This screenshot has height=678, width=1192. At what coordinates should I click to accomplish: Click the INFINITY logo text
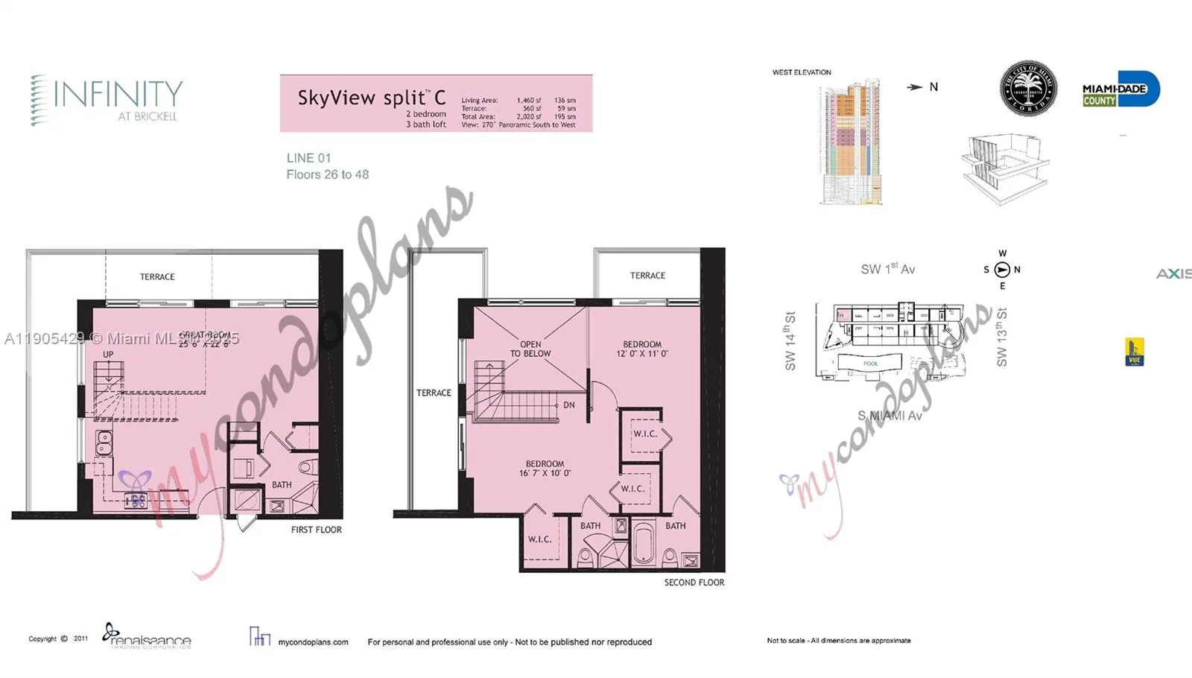pos(118,95)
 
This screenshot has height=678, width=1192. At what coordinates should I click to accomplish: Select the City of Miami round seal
pos(1028,88)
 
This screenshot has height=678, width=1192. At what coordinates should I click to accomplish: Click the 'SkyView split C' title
pos(371,98)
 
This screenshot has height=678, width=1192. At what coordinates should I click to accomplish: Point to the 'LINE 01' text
pos(308,158)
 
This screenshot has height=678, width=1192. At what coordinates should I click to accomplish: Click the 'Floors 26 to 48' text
pos(327,174)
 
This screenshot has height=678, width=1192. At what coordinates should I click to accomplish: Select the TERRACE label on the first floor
pos(157,276)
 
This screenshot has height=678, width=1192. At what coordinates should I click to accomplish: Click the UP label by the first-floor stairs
pos(109,355)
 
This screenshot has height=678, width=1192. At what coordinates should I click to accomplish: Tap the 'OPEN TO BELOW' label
pos(530,349)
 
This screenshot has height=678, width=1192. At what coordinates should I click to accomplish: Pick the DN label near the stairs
pos(569,405)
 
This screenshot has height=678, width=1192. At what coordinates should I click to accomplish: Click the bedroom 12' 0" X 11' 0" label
pos(642,349)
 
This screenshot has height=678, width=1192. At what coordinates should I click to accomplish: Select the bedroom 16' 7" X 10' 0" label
pos(545,468)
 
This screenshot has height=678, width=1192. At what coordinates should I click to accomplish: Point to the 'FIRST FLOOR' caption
pos(316,530)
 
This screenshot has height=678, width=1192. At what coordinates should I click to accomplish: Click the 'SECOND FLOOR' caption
pos(694,583)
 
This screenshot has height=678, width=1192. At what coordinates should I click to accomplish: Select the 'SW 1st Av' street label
pos(887,269)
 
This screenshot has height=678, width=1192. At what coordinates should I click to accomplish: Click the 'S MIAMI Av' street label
pos(890,416)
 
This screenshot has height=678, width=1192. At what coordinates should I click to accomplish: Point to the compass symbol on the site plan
pos(1002,270)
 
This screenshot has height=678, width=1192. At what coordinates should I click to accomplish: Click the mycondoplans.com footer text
pos(313,641)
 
